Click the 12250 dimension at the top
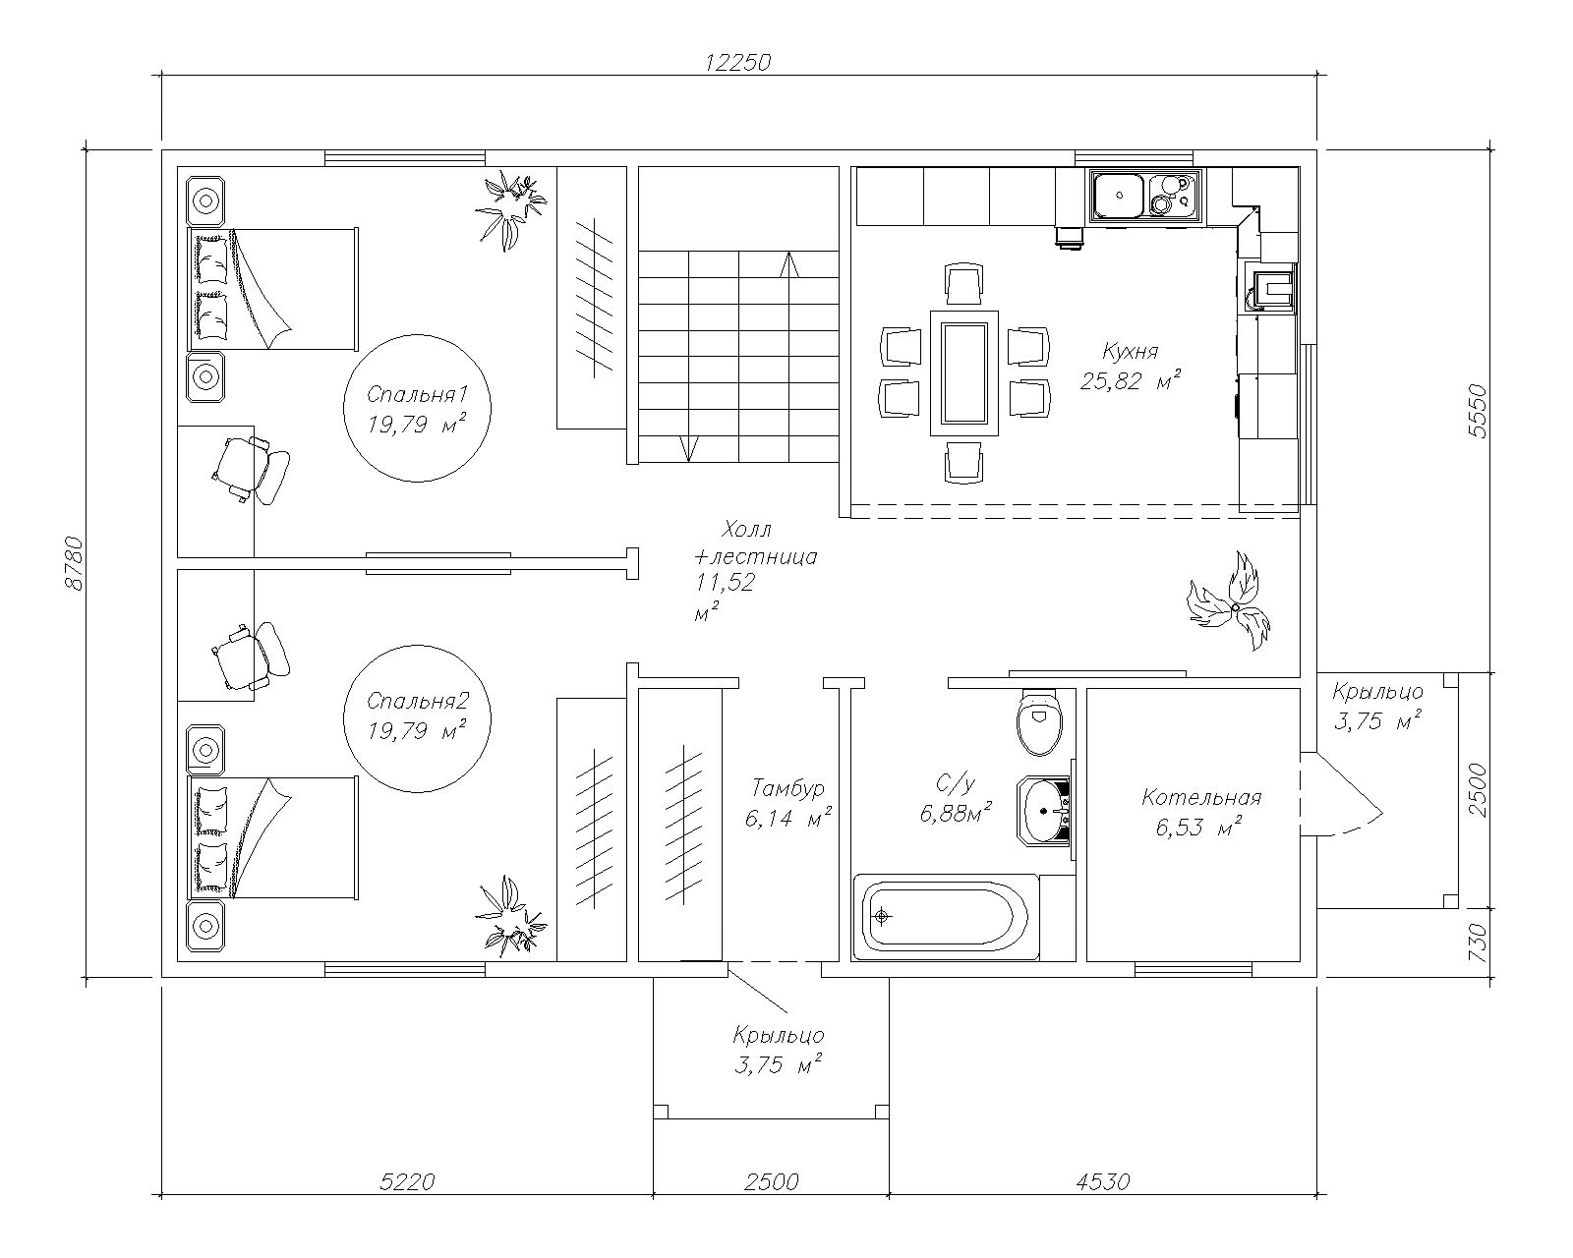tap(737, 63)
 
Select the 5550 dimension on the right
tap(1477, 411)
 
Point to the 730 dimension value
tap(1477, 943)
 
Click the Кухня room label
tap(1130, 352)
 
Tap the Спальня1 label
tap(417, 395)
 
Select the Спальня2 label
tap(418, 701)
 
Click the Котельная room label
tap(1201, 797)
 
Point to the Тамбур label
tap(787, 788)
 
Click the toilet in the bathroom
tap(1039, 722)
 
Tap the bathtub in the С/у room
tap(946, 916)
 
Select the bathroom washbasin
tap(1044, 811)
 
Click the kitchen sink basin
tap(1118, 196)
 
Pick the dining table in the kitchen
tap(964, 372)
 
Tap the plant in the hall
tap(1228, 602)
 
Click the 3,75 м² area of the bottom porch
tap(778, 1065)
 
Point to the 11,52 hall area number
tap(725, 583)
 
